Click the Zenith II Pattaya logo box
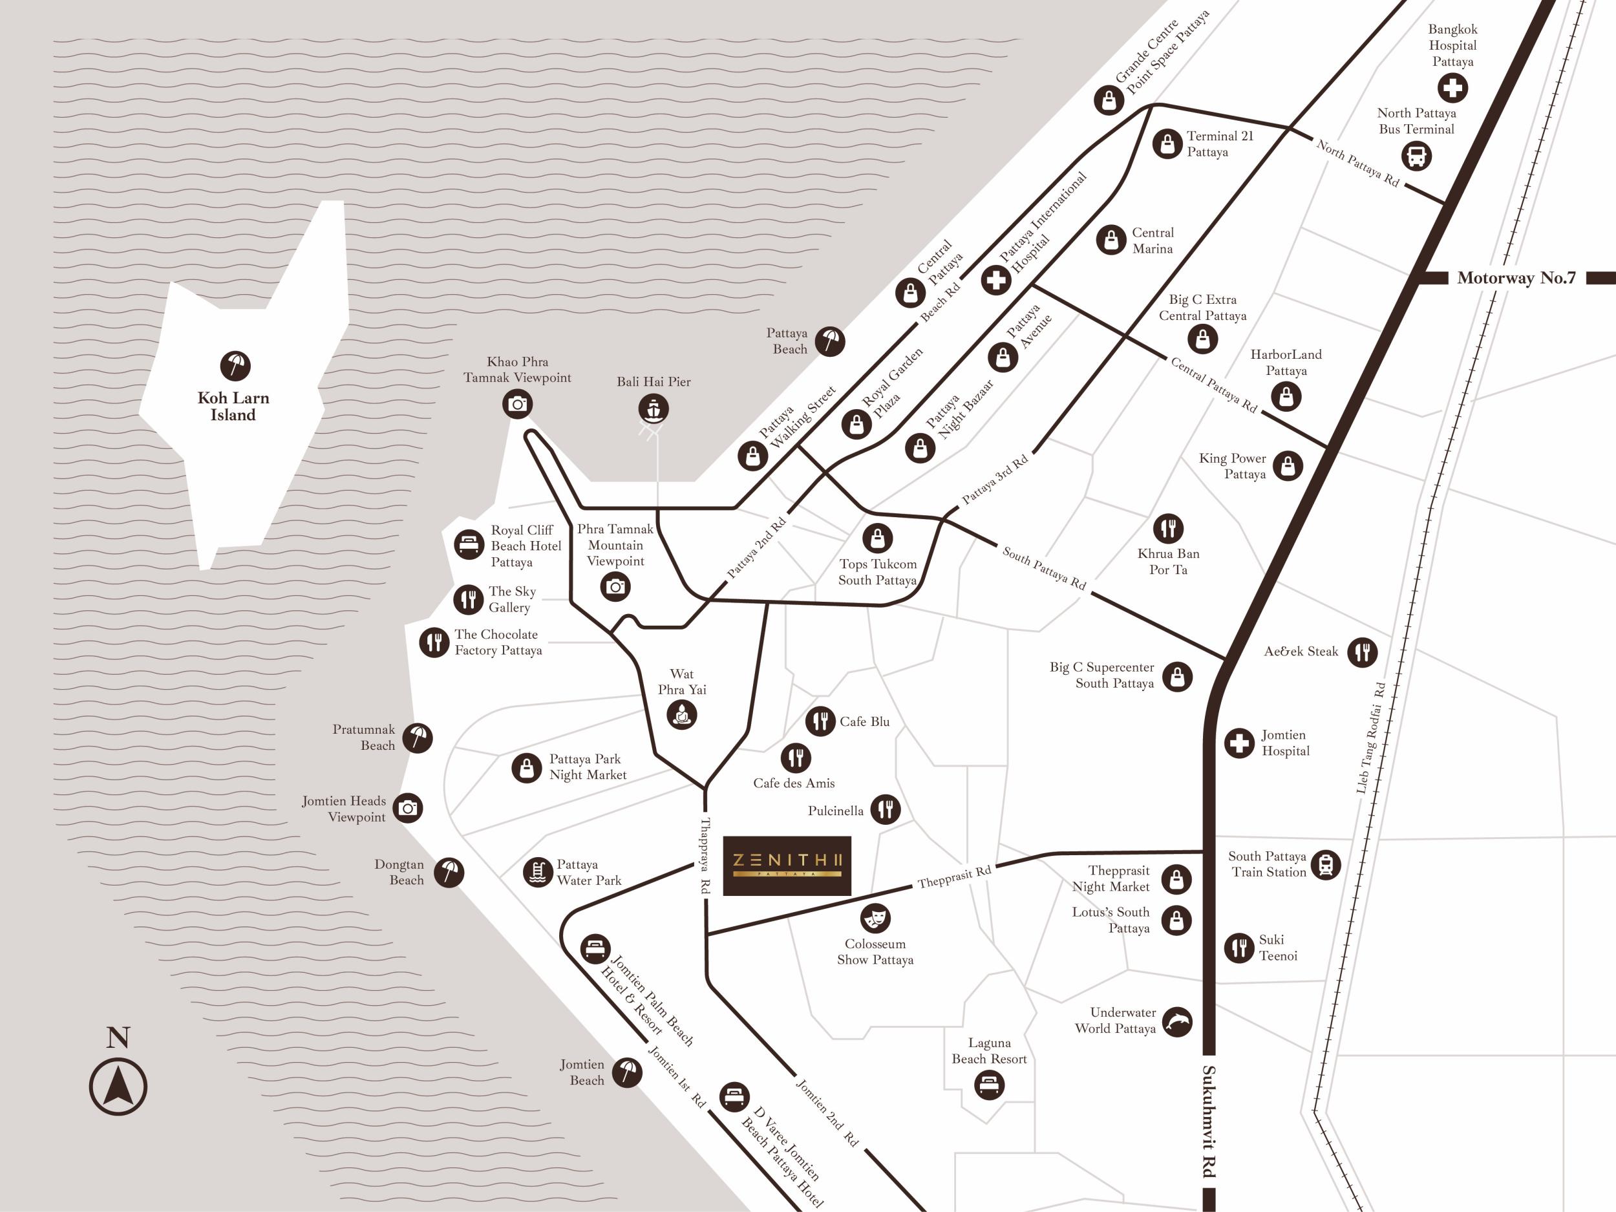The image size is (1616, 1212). coord(787,866)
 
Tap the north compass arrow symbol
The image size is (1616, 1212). coord(118,1087)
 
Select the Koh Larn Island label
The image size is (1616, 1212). coord(233,406)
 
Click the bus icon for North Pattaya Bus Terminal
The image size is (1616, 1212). coord(1416,156)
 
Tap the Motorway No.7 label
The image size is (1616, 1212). coord(1516,277)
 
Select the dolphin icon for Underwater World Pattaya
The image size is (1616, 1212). coord(1177,1021)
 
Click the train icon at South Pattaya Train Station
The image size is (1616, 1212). coord(1325,864)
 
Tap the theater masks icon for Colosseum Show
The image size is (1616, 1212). coord(875,918)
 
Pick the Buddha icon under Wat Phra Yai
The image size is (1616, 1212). coord(681,714)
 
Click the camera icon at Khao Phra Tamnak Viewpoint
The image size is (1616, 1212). coord(517,404)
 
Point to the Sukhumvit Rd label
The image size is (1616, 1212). coord(1209,1122)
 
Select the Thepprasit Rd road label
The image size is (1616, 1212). coord(954,876)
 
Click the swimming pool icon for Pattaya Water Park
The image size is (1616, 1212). coord(538,872)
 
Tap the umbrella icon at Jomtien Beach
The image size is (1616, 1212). coord(627,1072)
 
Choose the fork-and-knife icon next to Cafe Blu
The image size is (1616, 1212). coord(820,721)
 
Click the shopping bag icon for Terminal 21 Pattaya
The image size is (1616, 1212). coord(1167,144)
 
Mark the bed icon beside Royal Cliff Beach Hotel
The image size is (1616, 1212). coord(469,545)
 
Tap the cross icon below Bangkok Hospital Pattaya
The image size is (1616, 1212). coord(1452,89)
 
